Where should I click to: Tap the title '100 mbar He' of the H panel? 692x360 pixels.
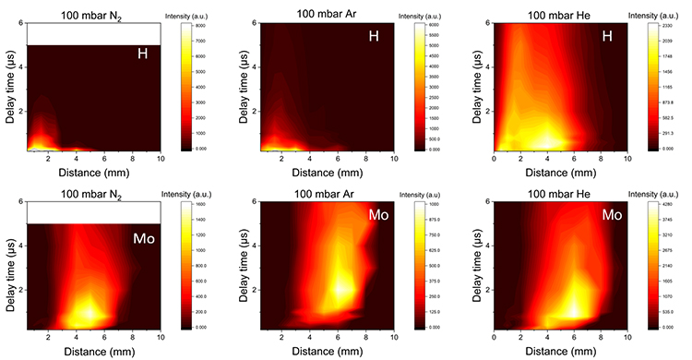(x=563, y=11)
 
